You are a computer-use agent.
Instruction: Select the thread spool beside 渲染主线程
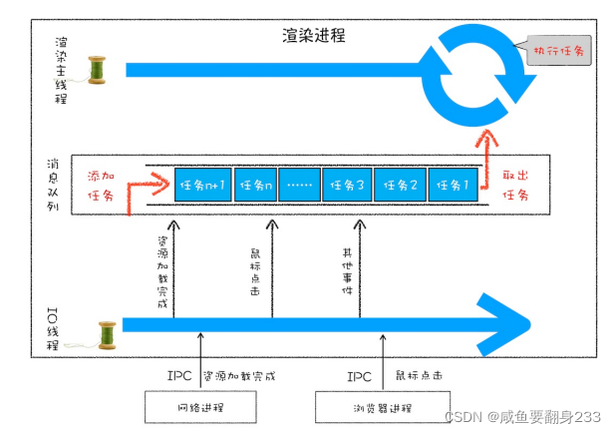coord(97,70)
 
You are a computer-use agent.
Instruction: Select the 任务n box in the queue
coord(254,185)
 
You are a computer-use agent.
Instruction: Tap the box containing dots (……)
coord(299,185)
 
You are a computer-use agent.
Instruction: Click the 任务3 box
coord(347,185)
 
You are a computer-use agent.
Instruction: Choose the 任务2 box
coord(400,185)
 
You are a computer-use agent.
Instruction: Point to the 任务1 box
coord(453,185)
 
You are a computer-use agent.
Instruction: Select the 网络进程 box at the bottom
coord(200,407)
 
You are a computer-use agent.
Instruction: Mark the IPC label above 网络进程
coord(182,377)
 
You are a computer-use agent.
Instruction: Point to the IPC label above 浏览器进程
coord(360,377)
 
